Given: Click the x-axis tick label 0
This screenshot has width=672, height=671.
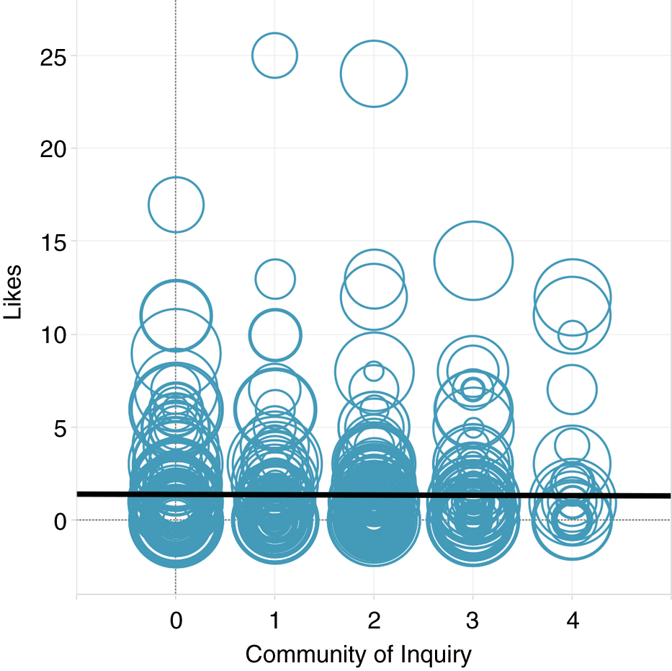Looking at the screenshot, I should pos(176,621).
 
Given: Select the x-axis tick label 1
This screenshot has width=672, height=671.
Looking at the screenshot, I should pos(274,621).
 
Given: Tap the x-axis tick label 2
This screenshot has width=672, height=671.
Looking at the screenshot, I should pos(374,621).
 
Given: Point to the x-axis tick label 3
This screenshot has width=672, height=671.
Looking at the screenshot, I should pos(472,621).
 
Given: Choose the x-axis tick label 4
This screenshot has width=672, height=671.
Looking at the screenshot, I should pos(572,621).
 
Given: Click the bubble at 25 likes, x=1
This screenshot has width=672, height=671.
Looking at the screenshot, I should pos(274,55).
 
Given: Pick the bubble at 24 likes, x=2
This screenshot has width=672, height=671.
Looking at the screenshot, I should pos(374,74).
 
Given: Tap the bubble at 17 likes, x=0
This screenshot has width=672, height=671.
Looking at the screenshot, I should pos(176,205).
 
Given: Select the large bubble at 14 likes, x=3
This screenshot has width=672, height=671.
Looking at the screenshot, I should pos(473,260).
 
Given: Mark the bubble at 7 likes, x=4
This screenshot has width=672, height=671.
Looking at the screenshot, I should pos(572,390).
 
